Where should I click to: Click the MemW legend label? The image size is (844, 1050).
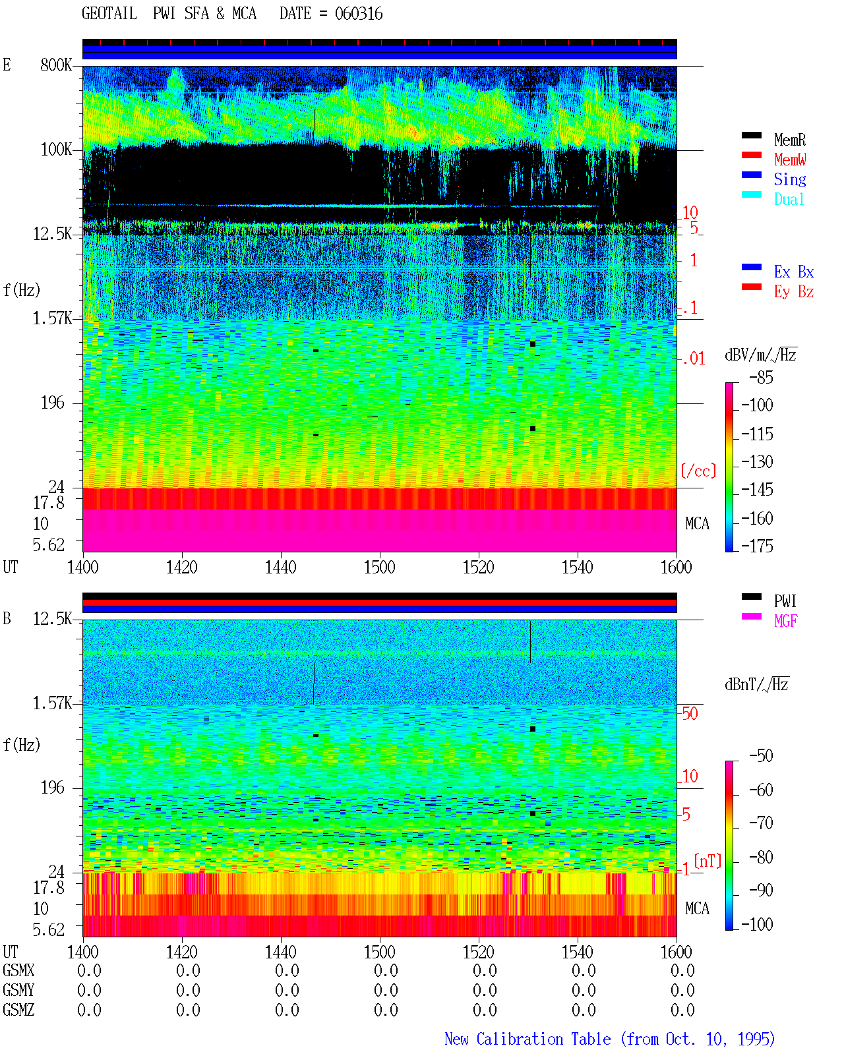[x=789, y=160]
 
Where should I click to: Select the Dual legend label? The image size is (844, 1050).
[x=789, y=199]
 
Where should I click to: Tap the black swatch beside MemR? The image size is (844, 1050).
[x=751, y=135]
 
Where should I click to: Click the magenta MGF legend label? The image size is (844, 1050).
[x=785, y=621]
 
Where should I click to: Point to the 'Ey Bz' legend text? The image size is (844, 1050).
[x=794, y=291]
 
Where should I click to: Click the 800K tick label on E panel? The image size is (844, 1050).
[x=56, y=65]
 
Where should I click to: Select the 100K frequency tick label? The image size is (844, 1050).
[x=56, y=150]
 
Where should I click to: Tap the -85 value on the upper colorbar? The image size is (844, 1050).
[x=761, y=377]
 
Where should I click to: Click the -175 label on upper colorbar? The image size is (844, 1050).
[x=757, y=546]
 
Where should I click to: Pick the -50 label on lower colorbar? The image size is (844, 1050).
[x=761, y=756]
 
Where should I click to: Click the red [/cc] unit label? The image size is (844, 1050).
[x=698, y=471]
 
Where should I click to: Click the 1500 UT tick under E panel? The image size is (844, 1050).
[x=379, y=567]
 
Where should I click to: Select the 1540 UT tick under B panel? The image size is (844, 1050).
[x=578, y=952]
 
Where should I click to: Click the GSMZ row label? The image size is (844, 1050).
[x=18, y=1010]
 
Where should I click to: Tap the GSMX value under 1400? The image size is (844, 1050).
[x=89, y=970]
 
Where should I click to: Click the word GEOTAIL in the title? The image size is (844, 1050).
[x=109, y=14]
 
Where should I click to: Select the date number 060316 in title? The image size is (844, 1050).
[x=359, y=14]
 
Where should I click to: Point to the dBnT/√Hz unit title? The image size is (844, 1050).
[x=756, y=685]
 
